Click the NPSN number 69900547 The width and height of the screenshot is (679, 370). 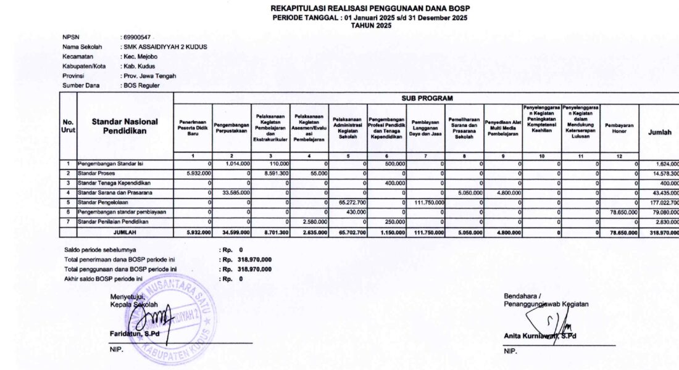(137, 38)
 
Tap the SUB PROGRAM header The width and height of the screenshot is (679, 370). (427, 98)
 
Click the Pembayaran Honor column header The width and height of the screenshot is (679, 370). (619, 129)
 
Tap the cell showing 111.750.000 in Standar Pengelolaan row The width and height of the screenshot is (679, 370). (427, 202)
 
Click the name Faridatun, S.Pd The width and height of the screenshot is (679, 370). (135, 334)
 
